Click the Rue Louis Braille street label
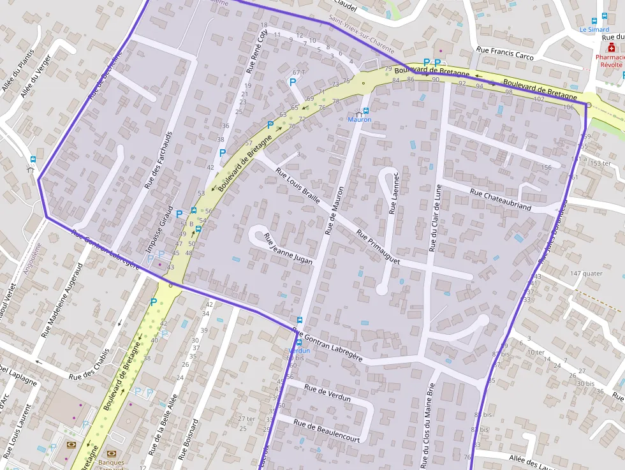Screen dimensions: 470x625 tap(298, 186)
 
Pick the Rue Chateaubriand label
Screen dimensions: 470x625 tap(501, 199)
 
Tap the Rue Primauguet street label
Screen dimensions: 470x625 tap(378, 247)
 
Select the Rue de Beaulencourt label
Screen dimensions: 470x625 tap(327, 430)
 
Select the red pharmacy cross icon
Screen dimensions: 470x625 tap(611, 47)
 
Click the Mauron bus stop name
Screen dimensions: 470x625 tap(359, 119)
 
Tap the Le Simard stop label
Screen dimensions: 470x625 tap(594, 29)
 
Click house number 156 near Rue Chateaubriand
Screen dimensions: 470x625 tap(546, 167)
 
